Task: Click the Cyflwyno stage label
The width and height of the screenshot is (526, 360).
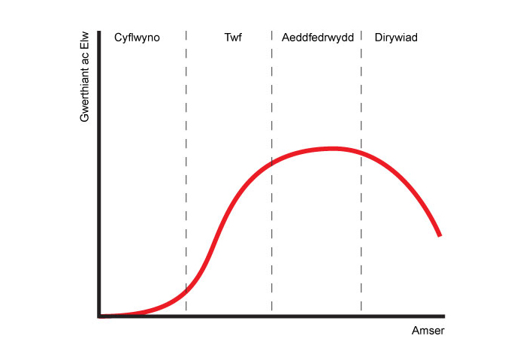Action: click(x=137, y=37)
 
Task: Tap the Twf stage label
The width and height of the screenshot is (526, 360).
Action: click(x=233, y=37)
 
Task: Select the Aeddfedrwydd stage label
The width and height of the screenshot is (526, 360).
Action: click(x=317, y=37)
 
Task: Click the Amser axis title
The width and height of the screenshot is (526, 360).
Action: click(x=428, y=331)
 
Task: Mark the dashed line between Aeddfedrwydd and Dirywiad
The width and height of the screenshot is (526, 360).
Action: click(x=361, y=225)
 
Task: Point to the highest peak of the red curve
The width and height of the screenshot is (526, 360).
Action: click(x=331, y=148)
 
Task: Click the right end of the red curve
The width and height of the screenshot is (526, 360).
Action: click(x=440, y=235)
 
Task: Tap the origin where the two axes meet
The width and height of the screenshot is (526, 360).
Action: click(x=98, y=316)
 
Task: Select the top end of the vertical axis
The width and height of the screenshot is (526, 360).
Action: click(x=98, y=31)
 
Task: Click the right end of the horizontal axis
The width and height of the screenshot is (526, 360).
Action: click(x=444, y=316)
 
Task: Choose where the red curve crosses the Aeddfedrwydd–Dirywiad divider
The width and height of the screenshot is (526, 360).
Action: click(x=361, y=153)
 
